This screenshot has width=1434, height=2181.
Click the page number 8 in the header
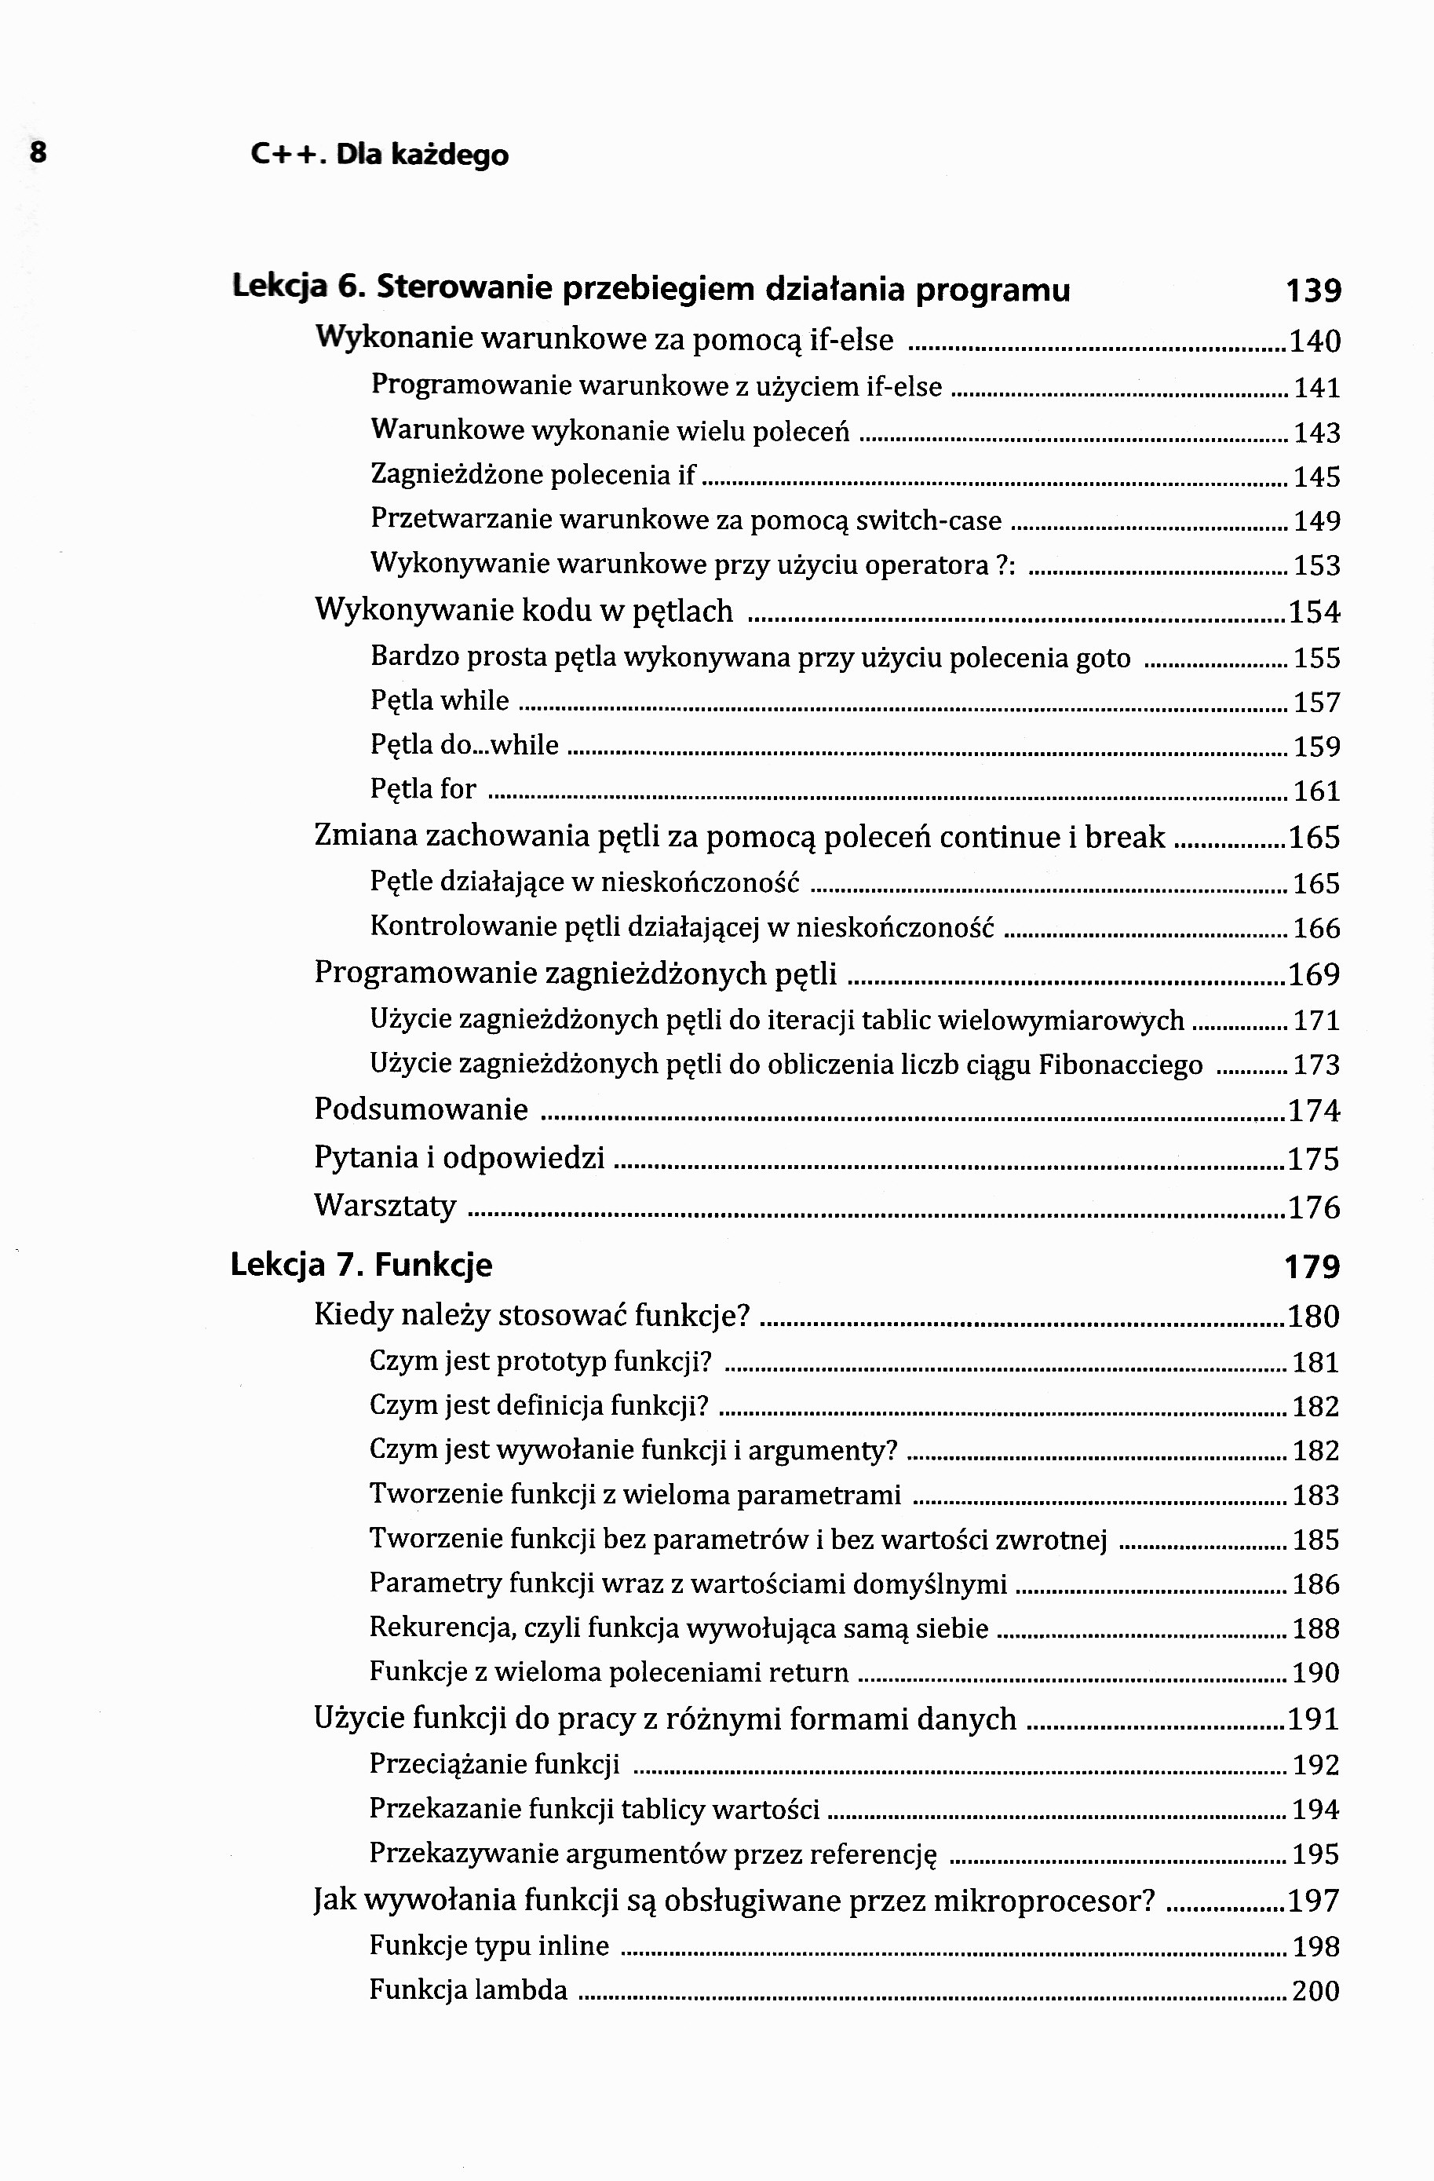38,152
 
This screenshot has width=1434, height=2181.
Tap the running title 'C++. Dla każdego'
379,155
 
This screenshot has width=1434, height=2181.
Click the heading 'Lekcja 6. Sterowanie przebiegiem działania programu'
651,289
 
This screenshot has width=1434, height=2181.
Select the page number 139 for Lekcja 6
1313,290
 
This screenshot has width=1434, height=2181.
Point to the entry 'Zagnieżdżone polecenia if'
532,475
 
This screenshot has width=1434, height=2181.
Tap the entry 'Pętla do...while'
464,744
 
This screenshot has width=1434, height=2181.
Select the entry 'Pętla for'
423,788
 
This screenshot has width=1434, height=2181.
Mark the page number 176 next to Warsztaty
1314,1207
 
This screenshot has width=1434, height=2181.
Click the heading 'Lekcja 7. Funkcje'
361,1265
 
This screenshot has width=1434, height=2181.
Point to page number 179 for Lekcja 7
1312,1266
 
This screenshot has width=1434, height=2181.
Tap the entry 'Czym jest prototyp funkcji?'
541,1361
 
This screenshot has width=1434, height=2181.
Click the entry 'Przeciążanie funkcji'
494,1763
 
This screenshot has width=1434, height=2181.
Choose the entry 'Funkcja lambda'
469,1989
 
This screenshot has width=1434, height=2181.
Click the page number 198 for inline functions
1315,1945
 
